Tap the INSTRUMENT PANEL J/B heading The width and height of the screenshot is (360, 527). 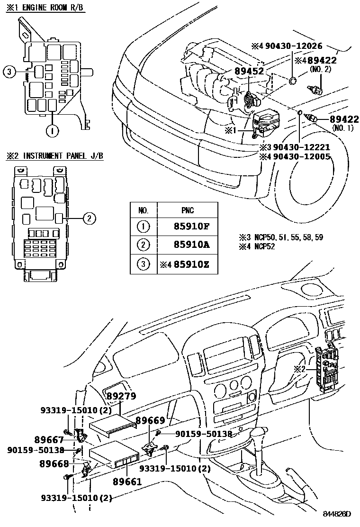tap(59, 156)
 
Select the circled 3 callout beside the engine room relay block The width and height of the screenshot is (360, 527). tap(9, 72)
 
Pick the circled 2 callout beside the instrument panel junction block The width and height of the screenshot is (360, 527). tap(90, 218)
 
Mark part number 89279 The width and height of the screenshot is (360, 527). tap(121, 396)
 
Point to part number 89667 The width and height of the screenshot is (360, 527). tap(49, 440)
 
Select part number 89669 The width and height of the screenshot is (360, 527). tap(150, 420)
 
